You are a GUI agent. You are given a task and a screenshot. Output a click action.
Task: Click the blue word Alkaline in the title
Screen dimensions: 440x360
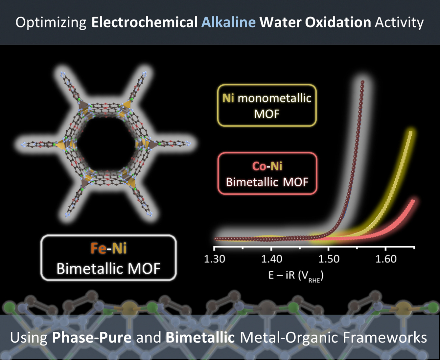click(x=229, y=22)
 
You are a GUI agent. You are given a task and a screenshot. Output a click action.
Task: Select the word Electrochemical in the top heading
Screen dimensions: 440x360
click(x=144, y=22)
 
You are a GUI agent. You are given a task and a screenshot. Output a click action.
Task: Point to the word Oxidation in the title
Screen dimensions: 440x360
click(x=338, y=22)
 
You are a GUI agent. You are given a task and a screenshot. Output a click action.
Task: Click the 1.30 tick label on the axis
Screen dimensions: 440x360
click(x=214, y=259)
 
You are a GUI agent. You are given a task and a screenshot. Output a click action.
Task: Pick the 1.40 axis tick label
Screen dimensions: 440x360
click(x=272, y=259)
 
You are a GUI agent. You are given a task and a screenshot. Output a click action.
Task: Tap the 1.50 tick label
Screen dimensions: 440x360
click(x=329, y=259)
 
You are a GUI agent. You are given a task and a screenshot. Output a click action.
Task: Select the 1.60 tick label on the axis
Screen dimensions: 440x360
click(x=386, y=259)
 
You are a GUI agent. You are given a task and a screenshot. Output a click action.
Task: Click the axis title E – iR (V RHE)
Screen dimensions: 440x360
click(x=296, y=276)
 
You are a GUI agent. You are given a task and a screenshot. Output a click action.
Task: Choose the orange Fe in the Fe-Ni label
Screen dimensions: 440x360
click(x=98, y=248)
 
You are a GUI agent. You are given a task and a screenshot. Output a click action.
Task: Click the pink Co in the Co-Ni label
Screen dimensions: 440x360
click(x=259, y=166)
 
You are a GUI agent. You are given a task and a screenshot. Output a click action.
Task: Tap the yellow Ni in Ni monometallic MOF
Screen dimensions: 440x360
click(x=228, y=98)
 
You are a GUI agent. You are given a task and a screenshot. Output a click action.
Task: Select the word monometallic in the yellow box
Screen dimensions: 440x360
click(x=275, y=98)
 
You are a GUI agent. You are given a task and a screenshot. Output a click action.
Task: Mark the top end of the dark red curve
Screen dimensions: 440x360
click(x=363, y=82)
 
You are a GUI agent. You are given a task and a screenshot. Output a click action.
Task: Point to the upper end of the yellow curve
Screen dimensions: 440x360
click(x=410, y=133)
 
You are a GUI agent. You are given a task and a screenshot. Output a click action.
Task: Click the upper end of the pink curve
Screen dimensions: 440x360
click(x=412, y=201)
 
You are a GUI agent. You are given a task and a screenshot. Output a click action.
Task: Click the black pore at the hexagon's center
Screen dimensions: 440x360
click(x=107, y=144)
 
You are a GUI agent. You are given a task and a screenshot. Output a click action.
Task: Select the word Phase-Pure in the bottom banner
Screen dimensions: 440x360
click(x=92, y=337)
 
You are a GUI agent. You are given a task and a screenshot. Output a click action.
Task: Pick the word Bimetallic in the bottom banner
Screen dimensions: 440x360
click(x=200, y=337)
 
